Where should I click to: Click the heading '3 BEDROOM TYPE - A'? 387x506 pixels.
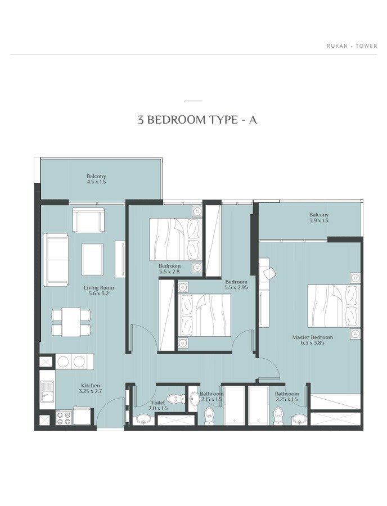pyautogui.click(x=197, y=120)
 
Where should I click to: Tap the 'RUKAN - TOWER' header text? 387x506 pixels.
pyautogui.click(x=352, y=46)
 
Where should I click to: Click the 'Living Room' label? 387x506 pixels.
pyautogui.click(x=99, y=288)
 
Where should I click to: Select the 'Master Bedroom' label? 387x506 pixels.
pyautogui.click(x=312, y=337)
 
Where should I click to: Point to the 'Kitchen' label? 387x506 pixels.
pyautogui.click(x=91, y=386)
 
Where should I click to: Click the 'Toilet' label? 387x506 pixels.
pyautogui.click(x=158, y=403)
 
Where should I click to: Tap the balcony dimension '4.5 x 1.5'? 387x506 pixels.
pyautogui.click(x=96, y=182)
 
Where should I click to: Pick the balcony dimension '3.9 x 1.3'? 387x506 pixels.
pyautogui.click(x=319, y=221)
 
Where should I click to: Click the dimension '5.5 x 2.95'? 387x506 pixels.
pyautogui.click(x=237, y=287)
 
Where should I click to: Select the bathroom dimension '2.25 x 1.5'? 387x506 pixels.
pyautogui.click(x=287, y=400)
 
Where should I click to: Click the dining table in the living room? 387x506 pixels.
pyautogui.click(x=71, y=322)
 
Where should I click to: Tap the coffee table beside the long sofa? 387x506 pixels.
pyautogui.click(x=93, y=259)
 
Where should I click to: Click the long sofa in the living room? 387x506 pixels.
pyautogui.click(x=56, y=260)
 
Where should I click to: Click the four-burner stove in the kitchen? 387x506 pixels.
pyautogui.click(x=63, y=418)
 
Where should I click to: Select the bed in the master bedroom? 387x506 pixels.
pyautogui.click(x=334, y=306)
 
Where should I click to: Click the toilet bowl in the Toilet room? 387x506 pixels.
pyautogui.click(x=174, y=399)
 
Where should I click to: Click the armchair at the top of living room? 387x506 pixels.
pyautogui.click(x=88, y=220)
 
